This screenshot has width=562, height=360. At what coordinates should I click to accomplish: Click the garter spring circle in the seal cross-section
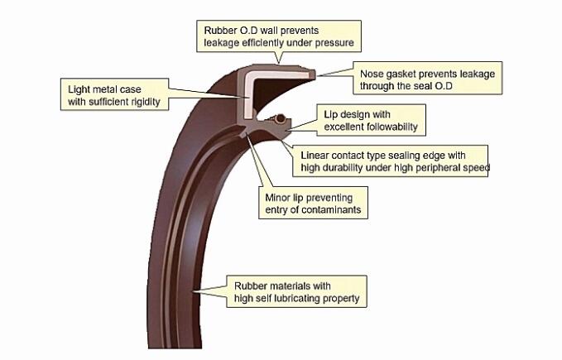coord(281,118)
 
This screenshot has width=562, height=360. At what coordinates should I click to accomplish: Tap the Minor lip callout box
coord(310,204)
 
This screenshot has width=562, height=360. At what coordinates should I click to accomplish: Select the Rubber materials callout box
coord(295,291)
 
